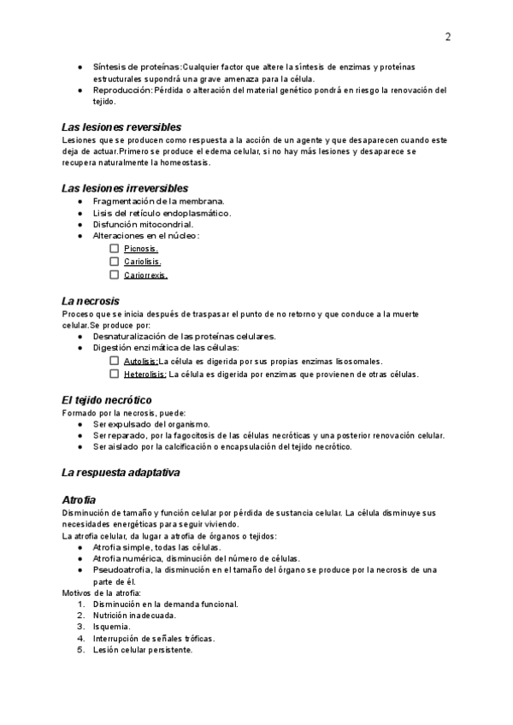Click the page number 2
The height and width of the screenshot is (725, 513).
[x=448, y=37]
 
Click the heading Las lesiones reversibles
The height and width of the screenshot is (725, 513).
[x=121, y=127]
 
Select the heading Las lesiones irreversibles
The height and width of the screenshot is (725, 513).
[x=125, y=187]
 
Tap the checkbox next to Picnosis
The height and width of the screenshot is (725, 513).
[x=115, y=249]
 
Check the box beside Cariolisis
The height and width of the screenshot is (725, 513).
[x=115, y=262]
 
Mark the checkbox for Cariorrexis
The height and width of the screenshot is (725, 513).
[x=115, y=275]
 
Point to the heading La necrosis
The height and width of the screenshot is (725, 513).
[x=91, y=301]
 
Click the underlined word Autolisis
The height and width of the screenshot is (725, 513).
[x=140, y=362]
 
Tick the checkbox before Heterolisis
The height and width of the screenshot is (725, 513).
[x=115, y=374]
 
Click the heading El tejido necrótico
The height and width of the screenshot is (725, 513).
[x=107, y=399]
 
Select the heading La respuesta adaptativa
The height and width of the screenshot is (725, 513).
[x=121, y=473]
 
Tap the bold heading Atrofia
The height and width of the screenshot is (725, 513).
[x=80, y=499]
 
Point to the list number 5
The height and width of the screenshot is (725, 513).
[x=80, y=650]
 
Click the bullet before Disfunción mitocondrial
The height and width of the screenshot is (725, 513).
[x=80, y=225]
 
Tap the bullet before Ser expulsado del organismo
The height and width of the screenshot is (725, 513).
[x=80, y=424]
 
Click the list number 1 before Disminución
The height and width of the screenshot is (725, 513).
[x=80, y=604]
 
